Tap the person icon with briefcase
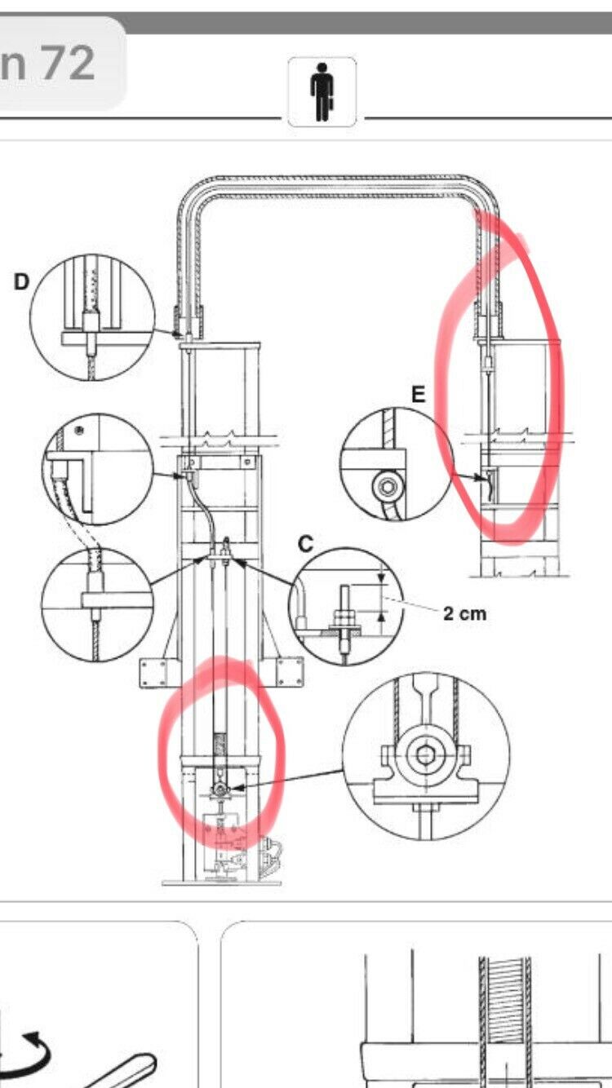pyautogui.click(x=322, y=92)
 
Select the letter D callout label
pyautogui.click(x=21, y=281)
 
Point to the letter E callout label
pyautogui.click(x=418, y=394)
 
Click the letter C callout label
pyautogui.click(x=306, y=544)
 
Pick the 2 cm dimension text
pyautogui.click(x=464, y=614)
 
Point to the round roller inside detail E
pyautogui.click(x=388, y=486)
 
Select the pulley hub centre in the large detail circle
pyautogui.click(x=425, y=754)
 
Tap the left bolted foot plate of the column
pyautogui.click(x=153, y=673)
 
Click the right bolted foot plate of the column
pyautogui.click(x=290, y=672)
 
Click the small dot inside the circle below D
pyautogui.click(x=79, y=430)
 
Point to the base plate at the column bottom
pyautogui.click(x=221, y=882)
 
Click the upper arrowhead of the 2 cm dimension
pyautogui.click(x=382, y=578)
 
